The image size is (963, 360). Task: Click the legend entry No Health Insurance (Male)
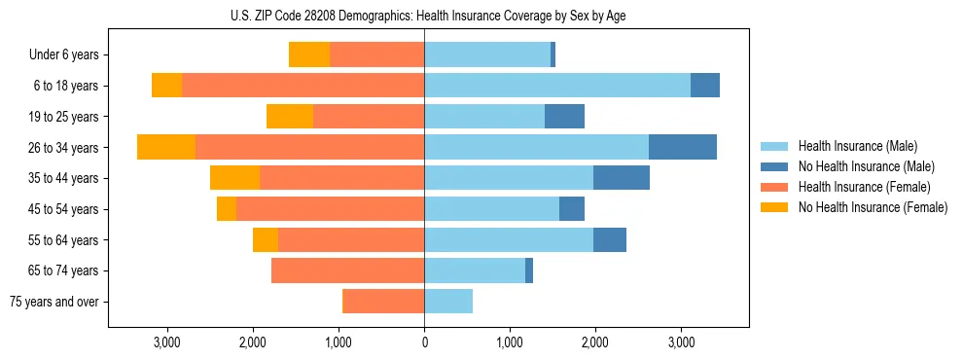(x=866, y=166)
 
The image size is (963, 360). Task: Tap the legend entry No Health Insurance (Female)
(x=873, y=207)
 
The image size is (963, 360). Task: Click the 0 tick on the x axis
(x=424, y=342)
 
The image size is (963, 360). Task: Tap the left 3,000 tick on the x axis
(x=167, y=342)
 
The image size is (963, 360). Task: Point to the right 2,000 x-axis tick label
(x=595, y=342)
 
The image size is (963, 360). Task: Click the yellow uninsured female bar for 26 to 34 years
(x=166, y=147)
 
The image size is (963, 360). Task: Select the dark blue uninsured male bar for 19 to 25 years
(x=564, y=116)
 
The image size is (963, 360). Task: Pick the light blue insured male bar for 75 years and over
(x=448, y=302)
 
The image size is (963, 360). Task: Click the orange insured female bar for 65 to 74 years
(x=347, y=270)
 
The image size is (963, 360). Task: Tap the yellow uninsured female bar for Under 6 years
(x=309, y=54)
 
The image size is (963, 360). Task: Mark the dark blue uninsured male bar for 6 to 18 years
(x=705, y=86)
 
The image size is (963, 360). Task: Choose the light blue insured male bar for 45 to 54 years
(x=491, y=209)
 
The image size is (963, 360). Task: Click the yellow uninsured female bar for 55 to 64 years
(x=266, y=239)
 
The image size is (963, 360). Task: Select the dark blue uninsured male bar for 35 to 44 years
(x=622, y=178)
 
